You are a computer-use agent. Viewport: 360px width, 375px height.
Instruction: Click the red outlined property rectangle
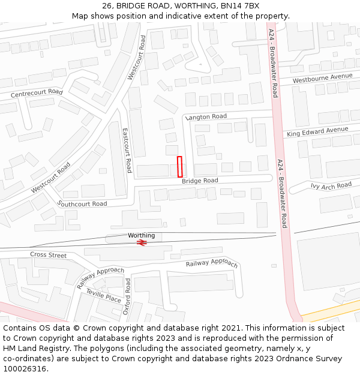coord(179,166)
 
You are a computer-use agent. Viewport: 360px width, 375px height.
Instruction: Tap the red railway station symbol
coord(142,242)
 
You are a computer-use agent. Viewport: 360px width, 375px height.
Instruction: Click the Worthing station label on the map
coord(141,235)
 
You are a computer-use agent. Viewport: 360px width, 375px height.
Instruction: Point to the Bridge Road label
coord(200,181)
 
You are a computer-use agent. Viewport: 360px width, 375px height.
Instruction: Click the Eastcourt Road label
coord(127,150)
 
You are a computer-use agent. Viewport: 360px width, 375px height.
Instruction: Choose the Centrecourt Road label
coord(37,93)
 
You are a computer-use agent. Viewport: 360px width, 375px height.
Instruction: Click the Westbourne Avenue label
coord(322,78)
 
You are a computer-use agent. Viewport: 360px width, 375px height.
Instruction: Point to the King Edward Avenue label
coord(317,131)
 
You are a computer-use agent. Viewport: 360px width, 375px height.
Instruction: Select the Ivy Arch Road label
coord(331,186)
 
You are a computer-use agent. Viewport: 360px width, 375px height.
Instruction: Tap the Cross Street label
coord(49,255)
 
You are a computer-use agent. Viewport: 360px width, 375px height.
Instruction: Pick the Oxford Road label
coord(127,296)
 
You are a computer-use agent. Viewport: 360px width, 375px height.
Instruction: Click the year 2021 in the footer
coord(231,328)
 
